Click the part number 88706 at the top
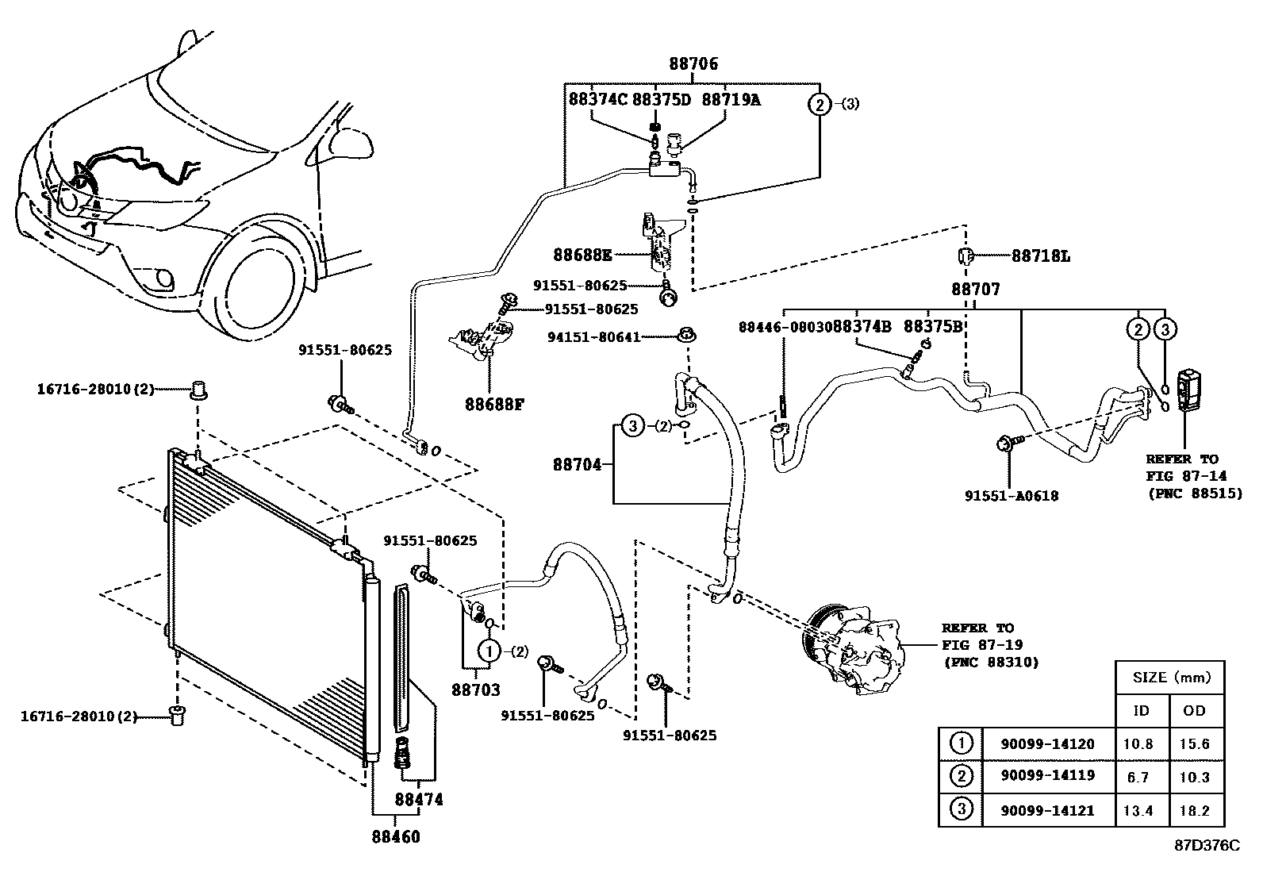692,63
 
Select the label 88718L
1040,256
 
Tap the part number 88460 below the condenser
395,836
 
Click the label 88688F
494,403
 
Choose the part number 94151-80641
593,337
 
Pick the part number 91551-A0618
1011,496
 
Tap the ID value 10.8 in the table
1140,743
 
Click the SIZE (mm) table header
1170,678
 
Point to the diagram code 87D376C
1206,845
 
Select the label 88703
476,690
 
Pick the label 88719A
731,100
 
